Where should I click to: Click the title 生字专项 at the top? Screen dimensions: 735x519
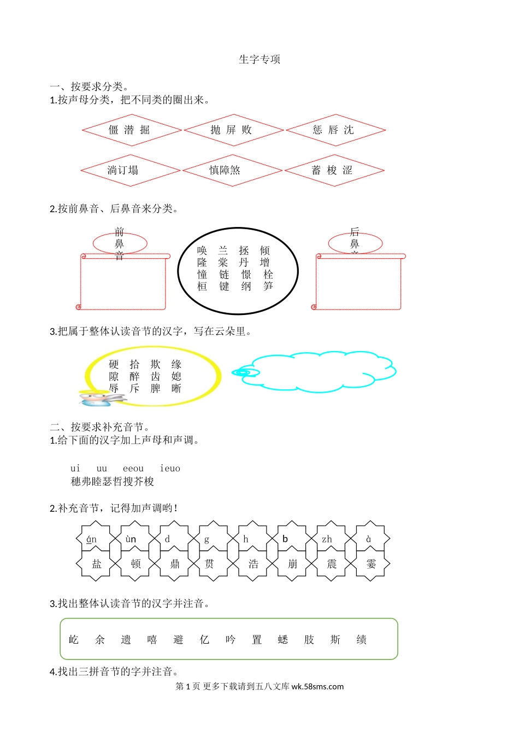point(259,60)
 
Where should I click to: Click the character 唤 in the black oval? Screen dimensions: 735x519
point(202,250)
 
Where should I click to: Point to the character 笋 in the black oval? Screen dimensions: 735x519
point(268,286)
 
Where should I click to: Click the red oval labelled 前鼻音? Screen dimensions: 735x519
point(120,243)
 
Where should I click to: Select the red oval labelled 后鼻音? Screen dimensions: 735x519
point(355,243)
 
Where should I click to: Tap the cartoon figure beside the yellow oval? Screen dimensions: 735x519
point(98,398)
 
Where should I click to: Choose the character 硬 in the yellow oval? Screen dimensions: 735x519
point(114,364)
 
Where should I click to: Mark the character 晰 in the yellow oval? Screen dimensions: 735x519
point(176,388)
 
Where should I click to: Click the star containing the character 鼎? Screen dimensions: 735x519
point(175,564)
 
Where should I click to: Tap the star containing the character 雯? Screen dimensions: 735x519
point(371,564)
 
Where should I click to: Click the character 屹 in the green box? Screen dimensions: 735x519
point(74,640)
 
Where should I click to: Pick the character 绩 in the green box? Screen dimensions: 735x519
point(361,640)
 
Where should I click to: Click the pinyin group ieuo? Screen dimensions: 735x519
point(170,469)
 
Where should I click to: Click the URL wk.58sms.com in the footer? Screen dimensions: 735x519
point(317,687)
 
